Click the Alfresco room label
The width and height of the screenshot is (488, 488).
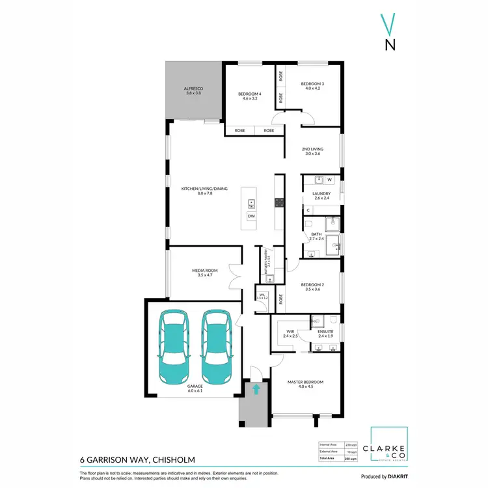tap(193, 89)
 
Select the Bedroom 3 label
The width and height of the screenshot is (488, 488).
tap(312, 86)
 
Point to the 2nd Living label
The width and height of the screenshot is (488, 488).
tap(312, 151)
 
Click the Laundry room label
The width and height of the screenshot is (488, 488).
tap(321, 195)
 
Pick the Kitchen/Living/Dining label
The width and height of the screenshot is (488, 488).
tap(204, 191)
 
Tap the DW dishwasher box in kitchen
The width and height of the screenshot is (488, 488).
tap(251, 216)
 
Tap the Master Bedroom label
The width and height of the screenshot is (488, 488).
tap(305, 384)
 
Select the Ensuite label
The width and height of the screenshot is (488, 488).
tap(325, 333)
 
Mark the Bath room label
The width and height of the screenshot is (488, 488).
tap(316, 236)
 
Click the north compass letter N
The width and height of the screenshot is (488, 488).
tap(390, 45)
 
